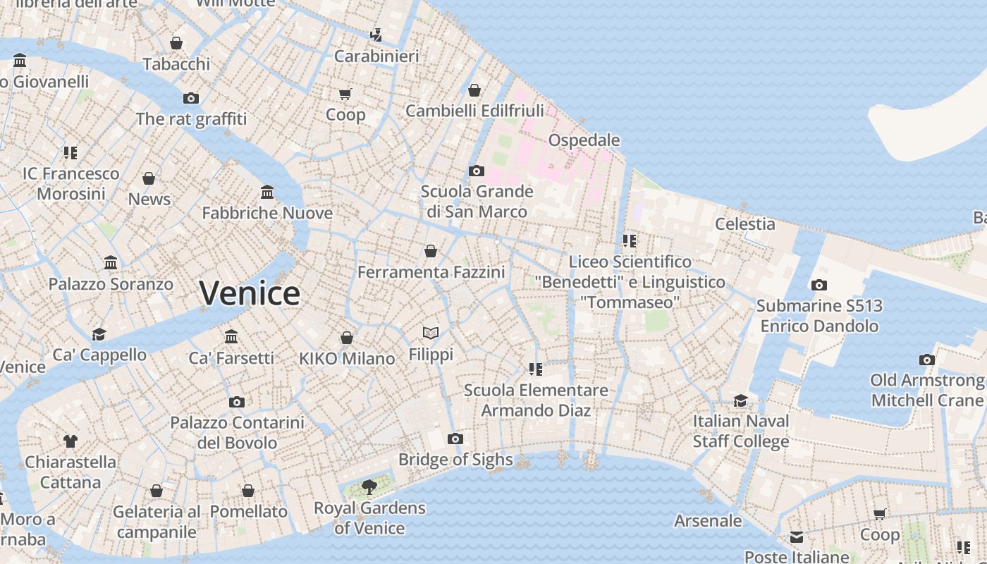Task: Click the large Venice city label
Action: click(x=250, y=293)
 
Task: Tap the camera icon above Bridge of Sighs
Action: click(x=455, y=439)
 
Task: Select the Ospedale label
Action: click(x=584, y=140)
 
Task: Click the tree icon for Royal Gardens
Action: click(x=369, y=486)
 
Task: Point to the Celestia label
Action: click(x=744, y=224)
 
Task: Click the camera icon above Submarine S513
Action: click(x=819, y=285)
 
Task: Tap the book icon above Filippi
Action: click(x=431, y=333)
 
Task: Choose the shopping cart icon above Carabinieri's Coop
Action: click(x=345, y=94)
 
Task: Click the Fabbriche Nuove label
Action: click(x=267, y=213)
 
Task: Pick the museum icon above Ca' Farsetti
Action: click(x=231, y=336)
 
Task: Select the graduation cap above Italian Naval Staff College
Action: click(x=740, y=400)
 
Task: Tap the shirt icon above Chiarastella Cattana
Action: click(x=70, y=441)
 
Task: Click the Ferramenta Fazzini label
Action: click(x=431, y=272)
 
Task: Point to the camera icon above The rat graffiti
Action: click(x=191, y=98)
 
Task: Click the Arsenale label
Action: click(x=708, y=521)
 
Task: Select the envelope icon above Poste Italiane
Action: click(x=797, y=537)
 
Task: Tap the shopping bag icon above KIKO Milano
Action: click(x=347, y=338)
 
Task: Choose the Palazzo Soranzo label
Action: click(x=111, y=284)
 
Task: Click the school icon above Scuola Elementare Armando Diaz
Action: click(x=536, y=369)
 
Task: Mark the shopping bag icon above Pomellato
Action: click(x=248, y=490)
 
